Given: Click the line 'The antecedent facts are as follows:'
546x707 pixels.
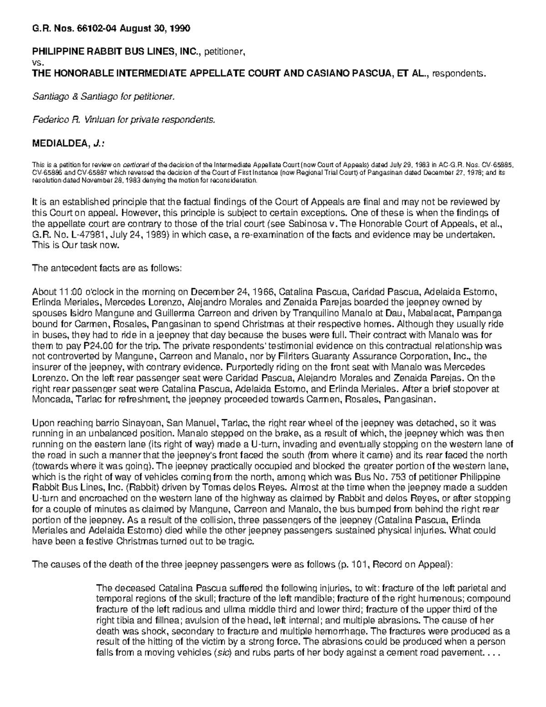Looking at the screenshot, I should point(107,268).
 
